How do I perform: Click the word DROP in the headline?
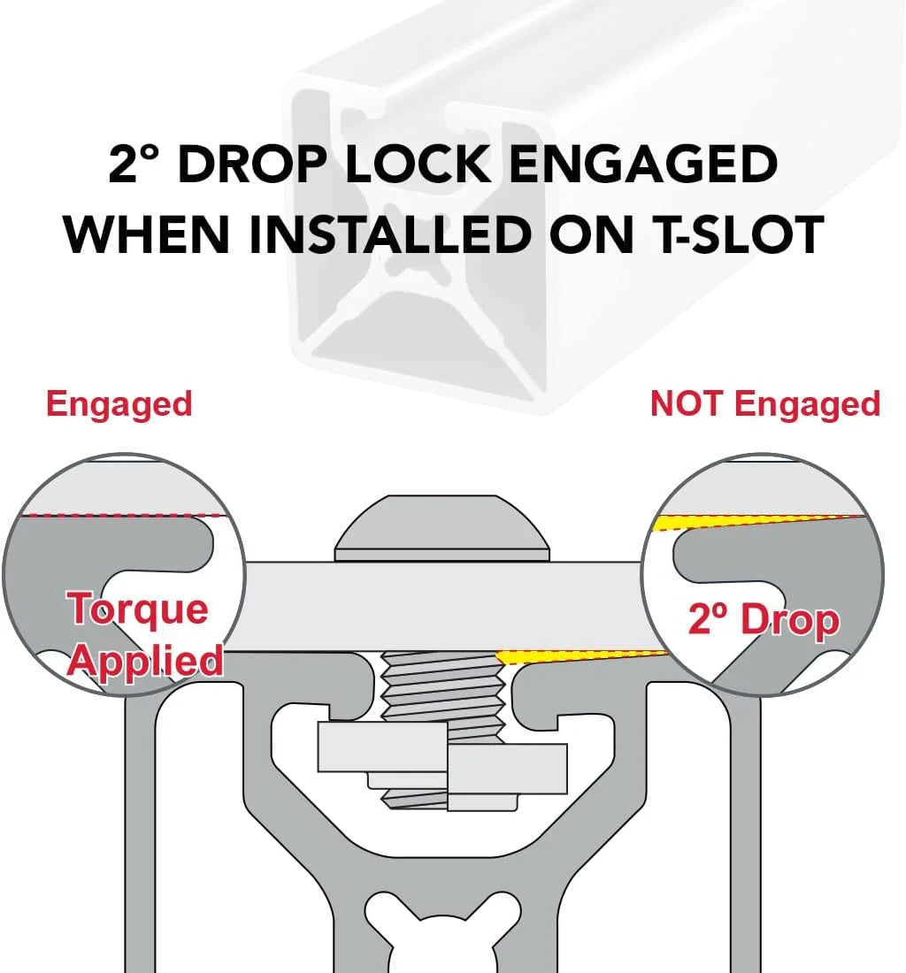(252, 165)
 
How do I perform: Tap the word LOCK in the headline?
(418, 165)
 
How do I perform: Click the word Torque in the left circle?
(138, 609)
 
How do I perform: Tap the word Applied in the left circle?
(145, 662)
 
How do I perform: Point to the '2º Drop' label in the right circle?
(764, 620)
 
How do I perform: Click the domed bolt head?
(441, 528)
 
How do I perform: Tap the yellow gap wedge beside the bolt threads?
(558, 656)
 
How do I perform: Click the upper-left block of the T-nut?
(382, 747)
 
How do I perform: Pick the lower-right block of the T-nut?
(507, 769)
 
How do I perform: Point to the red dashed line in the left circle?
(123, 515)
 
